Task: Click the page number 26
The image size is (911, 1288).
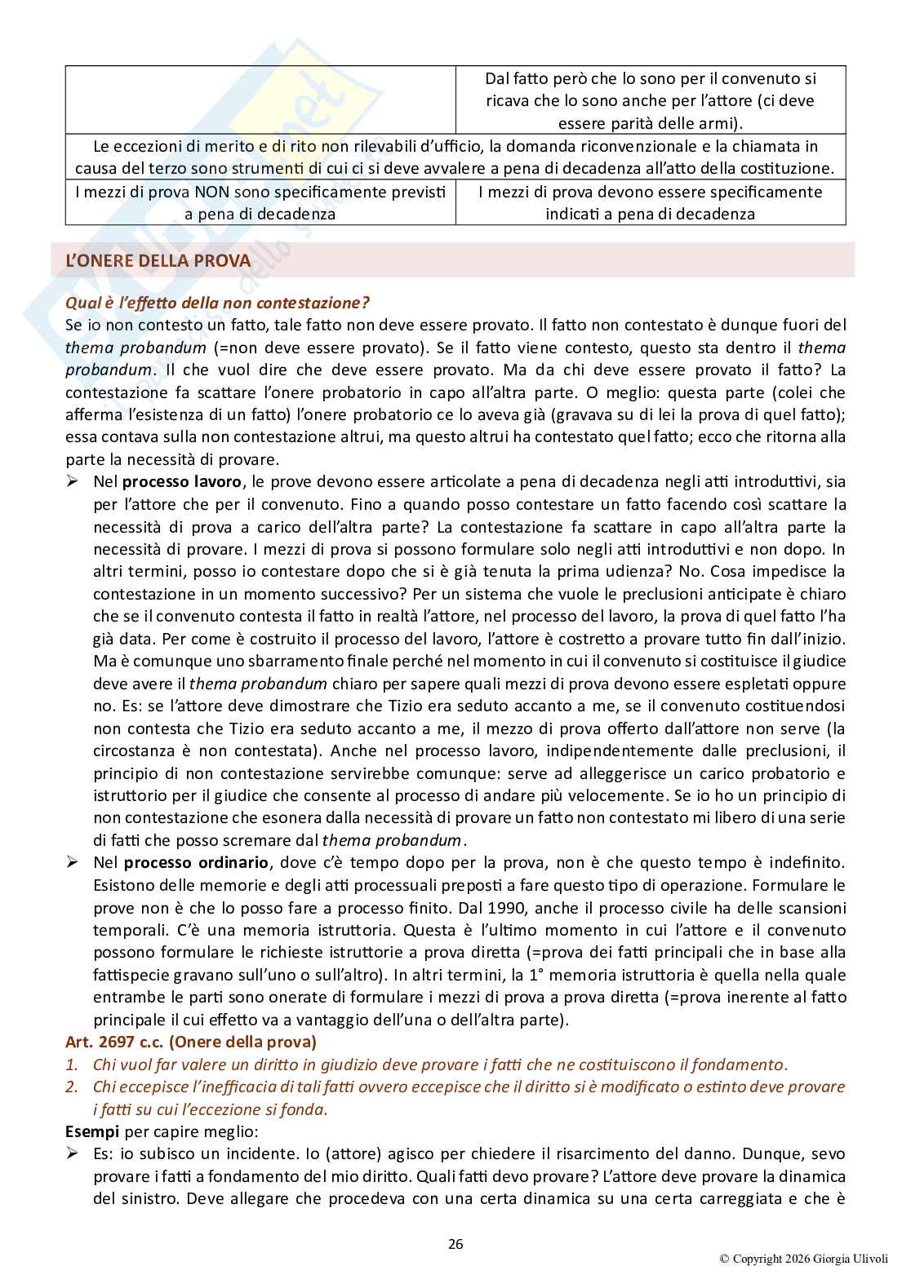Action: tap(455, 1244)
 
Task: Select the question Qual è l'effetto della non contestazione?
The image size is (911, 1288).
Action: tap(217, 303)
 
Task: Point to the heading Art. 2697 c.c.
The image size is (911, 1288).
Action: tap(190, 1042)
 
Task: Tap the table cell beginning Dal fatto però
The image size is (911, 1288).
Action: tap(650, 101)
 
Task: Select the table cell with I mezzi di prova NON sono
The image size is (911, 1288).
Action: tap(260, 202)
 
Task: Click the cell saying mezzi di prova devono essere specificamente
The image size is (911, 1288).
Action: tap(650, 202)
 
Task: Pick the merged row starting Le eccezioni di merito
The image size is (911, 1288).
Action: tap(455, 157)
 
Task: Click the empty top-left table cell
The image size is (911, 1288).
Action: tap(260, 100)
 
